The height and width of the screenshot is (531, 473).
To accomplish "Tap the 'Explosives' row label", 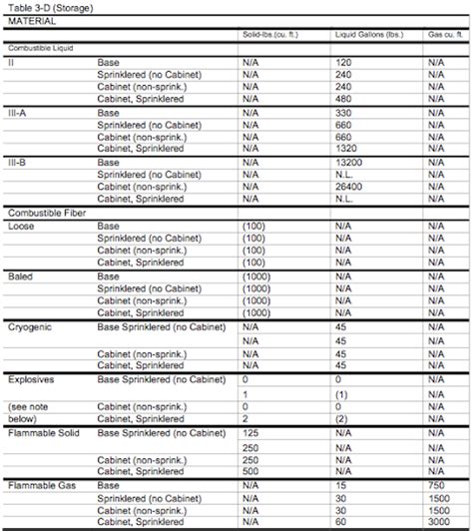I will pyautogui.click(x=31, y=380).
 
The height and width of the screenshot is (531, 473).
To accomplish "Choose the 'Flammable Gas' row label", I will pyautogui.click(x=39, y=484).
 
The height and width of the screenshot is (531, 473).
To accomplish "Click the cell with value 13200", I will pyautogui.click(x=348, y=162).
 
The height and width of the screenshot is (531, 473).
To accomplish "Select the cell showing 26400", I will pyautogui.click(x=348, y=186).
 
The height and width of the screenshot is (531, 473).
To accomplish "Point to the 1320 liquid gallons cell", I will pyautogui.click(x=344, y=149).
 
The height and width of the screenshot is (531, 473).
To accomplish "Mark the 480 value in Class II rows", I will pyautogui.click(x=342, y=99).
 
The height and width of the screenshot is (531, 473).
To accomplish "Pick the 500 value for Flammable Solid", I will pyautogui.click(x=250, y=470).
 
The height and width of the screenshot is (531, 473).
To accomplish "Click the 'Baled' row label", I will pyautogui.click(x=21, y=275).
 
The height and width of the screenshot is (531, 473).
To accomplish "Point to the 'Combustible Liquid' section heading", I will pyautogui.click(x=40, y=47).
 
